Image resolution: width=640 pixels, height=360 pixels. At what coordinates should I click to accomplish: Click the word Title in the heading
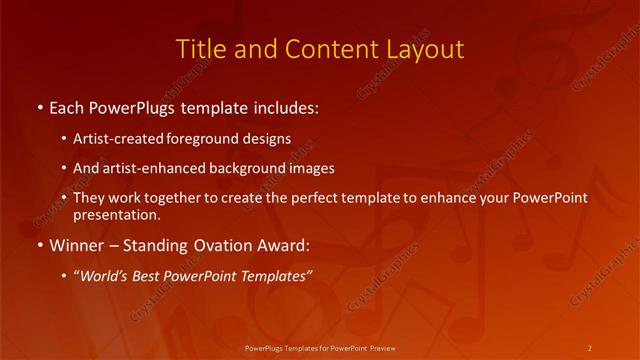(x=200, y=49)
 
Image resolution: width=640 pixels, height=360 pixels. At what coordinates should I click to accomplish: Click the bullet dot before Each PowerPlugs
(x=39, y=106)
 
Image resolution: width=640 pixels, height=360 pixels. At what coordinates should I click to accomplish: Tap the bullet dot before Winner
(x=39, y=243)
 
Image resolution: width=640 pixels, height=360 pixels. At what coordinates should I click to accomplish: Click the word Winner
(x=74, y=243)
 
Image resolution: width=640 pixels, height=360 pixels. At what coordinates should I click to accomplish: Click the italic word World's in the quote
(x=102, y=276)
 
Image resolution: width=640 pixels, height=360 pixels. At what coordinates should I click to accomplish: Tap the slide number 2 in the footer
(x=590, y=347)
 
